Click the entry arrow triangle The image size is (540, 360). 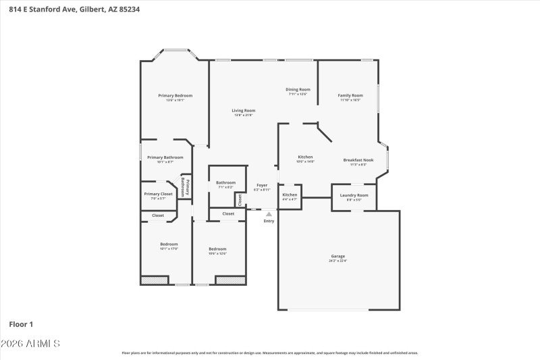click(269, 214)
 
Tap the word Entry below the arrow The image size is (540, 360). click(269, 221)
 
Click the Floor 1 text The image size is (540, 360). click(21, 324)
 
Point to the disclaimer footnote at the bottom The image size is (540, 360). click(269, 353)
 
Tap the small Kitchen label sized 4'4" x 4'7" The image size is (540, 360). click(290, 197)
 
